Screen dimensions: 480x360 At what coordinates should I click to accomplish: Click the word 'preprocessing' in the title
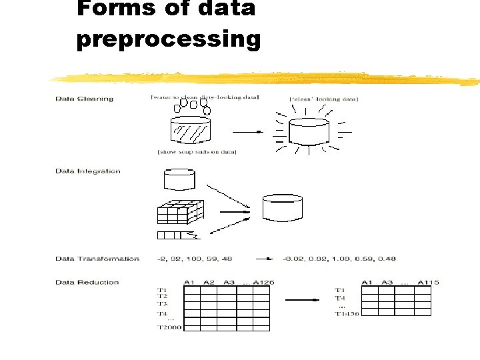168,39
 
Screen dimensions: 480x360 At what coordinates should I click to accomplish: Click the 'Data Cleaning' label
85,99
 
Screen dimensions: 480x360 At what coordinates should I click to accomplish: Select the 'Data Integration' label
88,171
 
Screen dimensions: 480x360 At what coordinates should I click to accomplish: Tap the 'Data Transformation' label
97,259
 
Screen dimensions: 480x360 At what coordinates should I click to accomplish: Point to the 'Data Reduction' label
87,282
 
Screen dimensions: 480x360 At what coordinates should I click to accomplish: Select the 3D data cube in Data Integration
180,213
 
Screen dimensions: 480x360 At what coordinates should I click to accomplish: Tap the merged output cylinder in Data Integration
283,207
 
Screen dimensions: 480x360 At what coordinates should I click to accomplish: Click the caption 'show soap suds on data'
197,153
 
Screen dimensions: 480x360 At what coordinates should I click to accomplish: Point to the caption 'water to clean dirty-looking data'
205,98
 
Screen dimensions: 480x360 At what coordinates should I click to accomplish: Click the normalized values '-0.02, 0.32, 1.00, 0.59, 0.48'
339,259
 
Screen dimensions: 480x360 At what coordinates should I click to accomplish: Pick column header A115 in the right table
427,282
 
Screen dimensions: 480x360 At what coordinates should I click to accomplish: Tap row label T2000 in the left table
168,327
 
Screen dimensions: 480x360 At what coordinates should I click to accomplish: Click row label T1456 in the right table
346,313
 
